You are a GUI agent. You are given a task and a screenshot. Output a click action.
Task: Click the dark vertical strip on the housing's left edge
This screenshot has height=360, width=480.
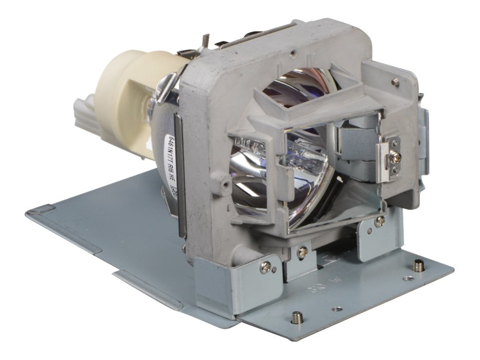coord(180,173)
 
